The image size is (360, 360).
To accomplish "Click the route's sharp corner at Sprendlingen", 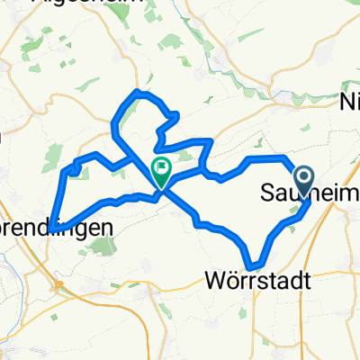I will (53, 226).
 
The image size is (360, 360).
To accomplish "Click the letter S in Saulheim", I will (266, 193).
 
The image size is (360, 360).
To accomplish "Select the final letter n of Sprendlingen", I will (109, 228).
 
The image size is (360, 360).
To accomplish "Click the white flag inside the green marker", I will (161, 166).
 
